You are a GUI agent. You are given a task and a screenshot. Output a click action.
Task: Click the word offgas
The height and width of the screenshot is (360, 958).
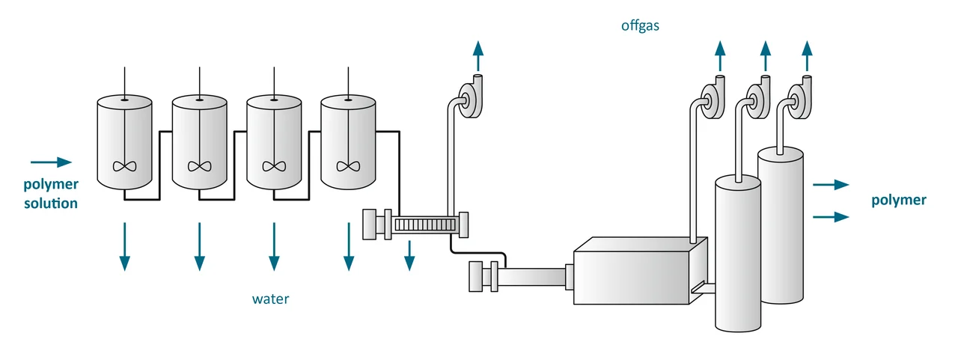[639, 26]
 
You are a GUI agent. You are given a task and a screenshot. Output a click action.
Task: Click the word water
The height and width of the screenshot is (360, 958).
[270, 299]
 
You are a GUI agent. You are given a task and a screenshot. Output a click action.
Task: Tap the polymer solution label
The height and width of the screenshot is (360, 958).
[50, 194]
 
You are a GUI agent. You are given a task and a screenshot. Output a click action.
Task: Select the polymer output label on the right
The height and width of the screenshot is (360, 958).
[899, 200]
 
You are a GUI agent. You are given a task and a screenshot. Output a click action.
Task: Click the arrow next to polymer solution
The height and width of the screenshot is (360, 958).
[51, 162]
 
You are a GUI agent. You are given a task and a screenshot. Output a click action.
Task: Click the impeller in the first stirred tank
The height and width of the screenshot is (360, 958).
[124, 166]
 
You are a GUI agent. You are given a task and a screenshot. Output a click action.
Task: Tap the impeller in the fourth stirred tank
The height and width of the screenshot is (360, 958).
[347, 166]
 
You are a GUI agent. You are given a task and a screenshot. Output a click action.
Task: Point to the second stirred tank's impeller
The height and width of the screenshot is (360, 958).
[199, 166]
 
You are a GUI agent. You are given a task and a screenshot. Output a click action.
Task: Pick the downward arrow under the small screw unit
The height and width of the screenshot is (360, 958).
[409, 254]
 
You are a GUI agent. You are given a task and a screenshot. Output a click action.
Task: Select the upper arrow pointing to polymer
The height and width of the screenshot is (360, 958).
[831, 184]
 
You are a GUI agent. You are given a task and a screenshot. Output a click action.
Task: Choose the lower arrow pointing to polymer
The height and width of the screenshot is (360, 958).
[831, 217]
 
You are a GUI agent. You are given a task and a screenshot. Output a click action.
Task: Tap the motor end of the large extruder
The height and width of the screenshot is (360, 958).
[479, 276]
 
